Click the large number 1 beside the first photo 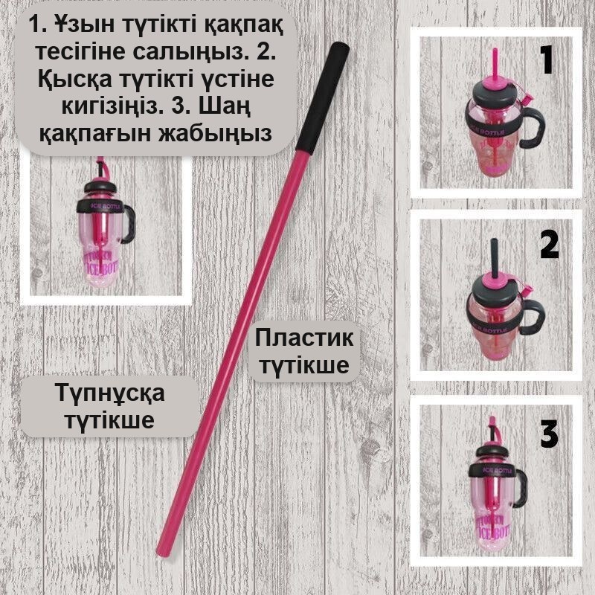(x=547, y=61)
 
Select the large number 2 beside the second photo (x=549, y=245)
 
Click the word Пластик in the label (x=304, y=338)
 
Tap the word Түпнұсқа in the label (x=110, y=393)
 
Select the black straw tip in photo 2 (x=494, y=259)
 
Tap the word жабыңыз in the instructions (x=215, y=134)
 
